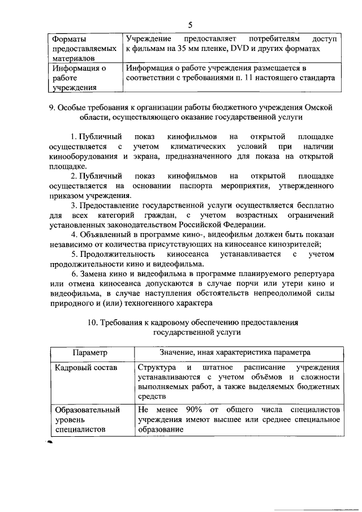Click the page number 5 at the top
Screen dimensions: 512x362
191,24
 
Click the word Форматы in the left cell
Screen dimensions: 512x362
70,40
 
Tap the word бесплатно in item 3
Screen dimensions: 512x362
310,205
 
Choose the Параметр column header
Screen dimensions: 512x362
90,352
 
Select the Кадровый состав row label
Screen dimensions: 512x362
86,367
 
